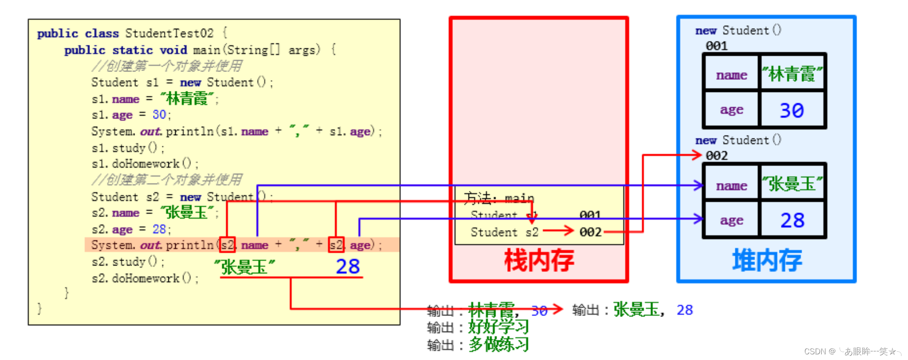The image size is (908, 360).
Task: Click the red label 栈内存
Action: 539,261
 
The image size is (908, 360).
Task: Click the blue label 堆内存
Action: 767,261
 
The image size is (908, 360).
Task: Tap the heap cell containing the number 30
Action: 792,110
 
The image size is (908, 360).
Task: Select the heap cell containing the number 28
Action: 792,220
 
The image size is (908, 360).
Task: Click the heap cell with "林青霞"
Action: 792,74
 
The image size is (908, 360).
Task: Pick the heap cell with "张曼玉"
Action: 792,184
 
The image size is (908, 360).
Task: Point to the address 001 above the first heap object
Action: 717,46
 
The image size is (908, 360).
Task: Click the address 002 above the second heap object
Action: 717,156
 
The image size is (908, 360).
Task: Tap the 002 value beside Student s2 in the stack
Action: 590,232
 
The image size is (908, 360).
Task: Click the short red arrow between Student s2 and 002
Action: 558,231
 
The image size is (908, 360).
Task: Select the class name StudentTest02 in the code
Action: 169,33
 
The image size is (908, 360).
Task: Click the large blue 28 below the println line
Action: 347,266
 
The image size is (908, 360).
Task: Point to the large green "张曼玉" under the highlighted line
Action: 244,267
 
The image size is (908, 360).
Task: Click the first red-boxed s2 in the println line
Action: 227,245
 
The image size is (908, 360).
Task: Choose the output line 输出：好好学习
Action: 478,327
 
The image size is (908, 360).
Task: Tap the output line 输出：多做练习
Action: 478,345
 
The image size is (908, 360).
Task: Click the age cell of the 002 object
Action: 731,220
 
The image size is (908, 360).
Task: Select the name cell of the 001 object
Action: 731,75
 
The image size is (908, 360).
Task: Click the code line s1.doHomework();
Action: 145,164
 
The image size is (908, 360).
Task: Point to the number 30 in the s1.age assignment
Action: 159,115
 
